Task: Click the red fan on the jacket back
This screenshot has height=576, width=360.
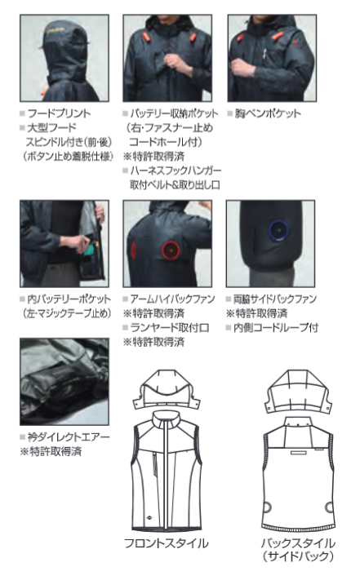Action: point(171,250)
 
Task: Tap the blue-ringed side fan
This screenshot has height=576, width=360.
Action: point(279,230)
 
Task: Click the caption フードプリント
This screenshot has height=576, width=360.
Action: point(59,113)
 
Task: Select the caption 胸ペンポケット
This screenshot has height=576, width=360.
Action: point(268,113)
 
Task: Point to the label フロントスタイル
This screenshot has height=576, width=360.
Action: point(167,543)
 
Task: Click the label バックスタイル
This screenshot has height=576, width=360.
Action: point(298,543)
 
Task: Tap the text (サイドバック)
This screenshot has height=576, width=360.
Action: point(298,556)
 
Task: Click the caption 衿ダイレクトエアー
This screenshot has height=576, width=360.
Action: point(69,436)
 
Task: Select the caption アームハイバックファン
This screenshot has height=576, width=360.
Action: point(172,299)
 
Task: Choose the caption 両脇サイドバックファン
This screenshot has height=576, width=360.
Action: point(274,299)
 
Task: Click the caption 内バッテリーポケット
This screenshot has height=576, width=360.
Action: point(69,299)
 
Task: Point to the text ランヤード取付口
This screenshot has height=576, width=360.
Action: point(170,328)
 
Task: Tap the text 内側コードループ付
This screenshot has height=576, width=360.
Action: point(276,328)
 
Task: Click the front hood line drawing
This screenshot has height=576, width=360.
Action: point(167,390)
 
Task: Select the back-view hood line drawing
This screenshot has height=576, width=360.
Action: point(298,392)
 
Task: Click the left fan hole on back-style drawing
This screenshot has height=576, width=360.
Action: point(267,507)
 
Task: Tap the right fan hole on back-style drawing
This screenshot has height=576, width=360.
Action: point(330,507)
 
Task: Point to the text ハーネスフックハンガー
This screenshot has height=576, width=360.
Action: point(176,171)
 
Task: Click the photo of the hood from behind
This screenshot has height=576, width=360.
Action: point(64,58)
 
